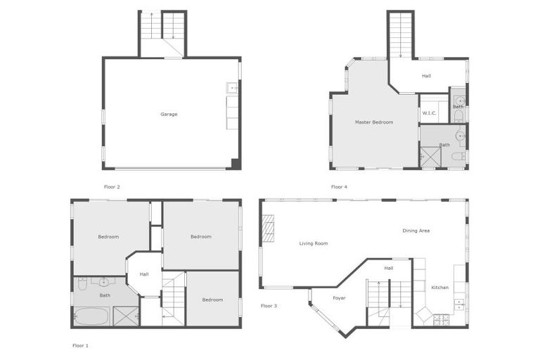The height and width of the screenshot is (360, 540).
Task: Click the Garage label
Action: point(169,114)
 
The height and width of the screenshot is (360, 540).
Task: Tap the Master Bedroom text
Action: point(373,122)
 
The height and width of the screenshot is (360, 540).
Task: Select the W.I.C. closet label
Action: point(428,113)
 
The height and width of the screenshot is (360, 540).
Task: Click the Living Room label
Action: point(314,243)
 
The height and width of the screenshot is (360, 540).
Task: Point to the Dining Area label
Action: point(416,231)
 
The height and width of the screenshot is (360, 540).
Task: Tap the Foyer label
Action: point(339,298)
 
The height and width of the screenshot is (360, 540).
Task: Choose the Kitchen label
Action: point(439,288)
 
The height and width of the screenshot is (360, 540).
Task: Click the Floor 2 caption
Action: point(112,187)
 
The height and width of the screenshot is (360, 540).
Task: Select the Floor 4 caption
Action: point(339,187)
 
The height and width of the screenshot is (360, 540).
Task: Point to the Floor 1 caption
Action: point(81,346)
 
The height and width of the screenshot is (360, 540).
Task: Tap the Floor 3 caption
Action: point(269,306)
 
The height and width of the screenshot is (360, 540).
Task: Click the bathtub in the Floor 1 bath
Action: point(91,316)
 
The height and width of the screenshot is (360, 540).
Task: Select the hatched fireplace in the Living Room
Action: point(268,229)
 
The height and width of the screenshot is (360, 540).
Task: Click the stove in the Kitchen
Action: point(441,320)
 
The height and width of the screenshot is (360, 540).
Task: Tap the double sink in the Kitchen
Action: point(459,304)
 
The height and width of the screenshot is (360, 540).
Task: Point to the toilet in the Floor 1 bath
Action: point(82,284)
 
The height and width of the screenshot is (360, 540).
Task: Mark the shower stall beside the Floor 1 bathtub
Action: point(126,316)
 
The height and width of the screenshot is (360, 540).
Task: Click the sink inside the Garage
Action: point(232,89)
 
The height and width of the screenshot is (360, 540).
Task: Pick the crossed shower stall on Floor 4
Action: point(430,156)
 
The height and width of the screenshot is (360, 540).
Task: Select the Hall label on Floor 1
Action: point(144,274)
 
